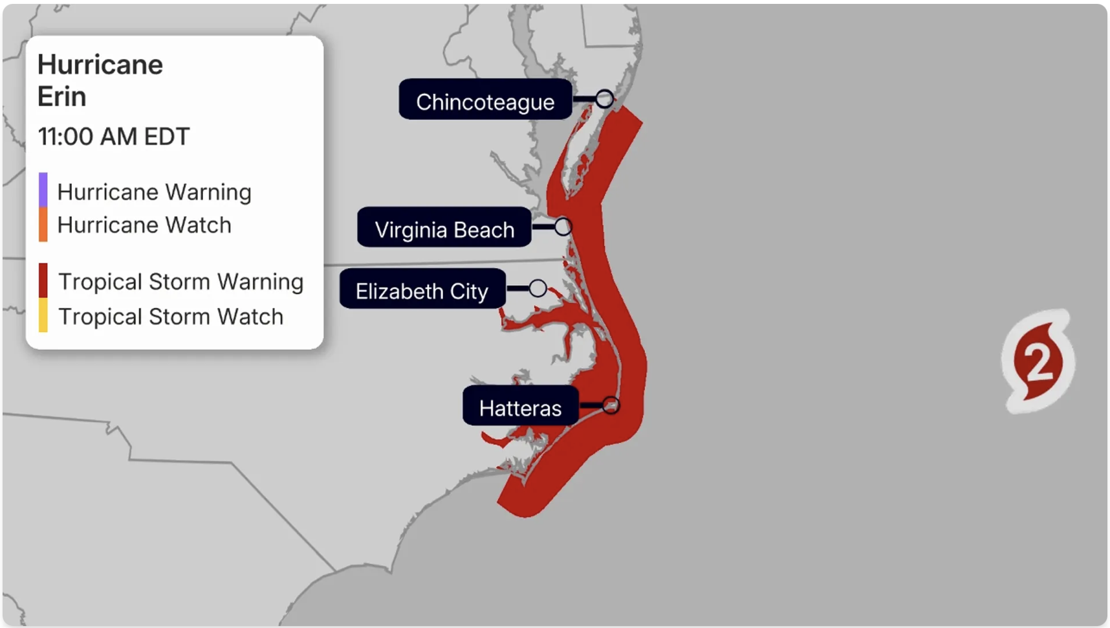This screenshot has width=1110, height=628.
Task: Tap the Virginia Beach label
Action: pos(444,229)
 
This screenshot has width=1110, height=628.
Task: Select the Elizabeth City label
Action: pos(422,290)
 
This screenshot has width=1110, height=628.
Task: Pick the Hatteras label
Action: pos(520,407)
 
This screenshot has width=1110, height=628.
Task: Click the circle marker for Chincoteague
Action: pos(605,99)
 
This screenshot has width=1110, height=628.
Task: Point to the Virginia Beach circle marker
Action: pos(563,227)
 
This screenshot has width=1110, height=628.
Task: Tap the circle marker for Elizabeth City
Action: pos(538,288)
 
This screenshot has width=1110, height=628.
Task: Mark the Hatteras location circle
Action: pos(611,406)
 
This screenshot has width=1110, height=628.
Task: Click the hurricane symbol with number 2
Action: pos(1038,361)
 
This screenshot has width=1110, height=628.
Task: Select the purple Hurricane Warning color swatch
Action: pos(43,190)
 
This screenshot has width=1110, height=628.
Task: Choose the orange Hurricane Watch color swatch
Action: pos(43,225)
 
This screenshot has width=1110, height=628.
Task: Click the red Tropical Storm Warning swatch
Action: pos(43,280)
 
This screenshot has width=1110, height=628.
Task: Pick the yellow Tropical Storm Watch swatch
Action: pos(43,315)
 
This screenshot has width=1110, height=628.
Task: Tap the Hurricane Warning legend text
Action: pos(154,192)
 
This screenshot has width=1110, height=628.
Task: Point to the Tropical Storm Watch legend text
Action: pos(171,317)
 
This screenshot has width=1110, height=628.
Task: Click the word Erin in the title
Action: pos(62,96)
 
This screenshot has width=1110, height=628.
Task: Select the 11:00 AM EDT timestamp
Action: pos(114,137)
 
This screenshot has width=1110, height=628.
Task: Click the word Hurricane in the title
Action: pos(100,65)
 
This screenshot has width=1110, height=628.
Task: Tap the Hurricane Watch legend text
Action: pos(144,225)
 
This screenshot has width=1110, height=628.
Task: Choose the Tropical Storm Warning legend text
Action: pos(180,282)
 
